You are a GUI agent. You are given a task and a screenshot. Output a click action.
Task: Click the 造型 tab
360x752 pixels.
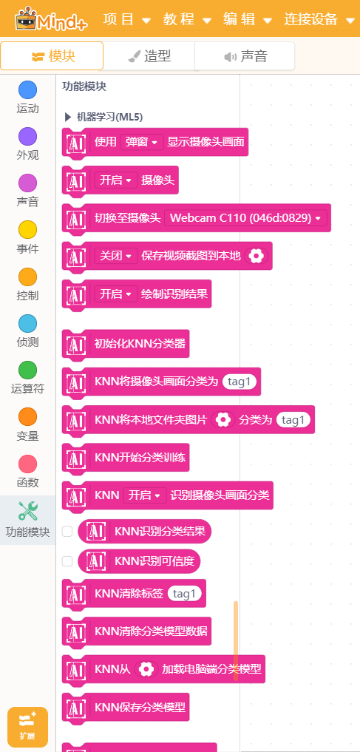(149, 57)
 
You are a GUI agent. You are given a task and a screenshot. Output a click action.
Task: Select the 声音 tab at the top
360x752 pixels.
(245, 57)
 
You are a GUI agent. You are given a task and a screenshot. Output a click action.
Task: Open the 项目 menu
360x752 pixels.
(126, 19)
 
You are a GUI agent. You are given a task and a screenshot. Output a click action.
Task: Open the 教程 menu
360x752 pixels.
(187, 19)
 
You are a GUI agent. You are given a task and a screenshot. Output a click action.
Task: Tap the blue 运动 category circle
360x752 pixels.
(28, 90)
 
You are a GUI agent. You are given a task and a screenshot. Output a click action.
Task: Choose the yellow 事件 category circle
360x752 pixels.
(28, 230)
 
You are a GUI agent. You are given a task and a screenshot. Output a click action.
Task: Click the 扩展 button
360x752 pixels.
(28, 727)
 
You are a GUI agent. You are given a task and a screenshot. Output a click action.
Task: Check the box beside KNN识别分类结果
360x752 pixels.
(67, 532)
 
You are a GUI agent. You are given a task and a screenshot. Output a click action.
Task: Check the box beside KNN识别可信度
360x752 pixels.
(67, 561)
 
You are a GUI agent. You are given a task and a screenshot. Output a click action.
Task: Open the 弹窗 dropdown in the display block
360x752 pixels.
(142, 142)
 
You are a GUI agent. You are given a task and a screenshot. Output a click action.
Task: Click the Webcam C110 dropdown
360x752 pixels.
(245, 217)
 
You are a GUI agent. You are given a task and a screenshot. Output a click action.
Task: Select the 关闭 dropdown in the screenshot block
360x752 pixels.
(115, 256)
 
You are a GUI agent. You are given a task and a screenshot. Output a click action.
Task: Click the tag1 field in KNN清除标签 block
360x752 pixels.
(185, 594)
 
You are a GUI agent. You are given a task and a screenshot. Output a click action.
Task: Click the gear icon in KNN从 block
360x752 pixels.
(146, 669)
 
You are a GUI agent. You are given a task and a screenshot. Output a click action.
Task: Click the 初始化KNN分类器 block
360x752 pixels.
(126, 343)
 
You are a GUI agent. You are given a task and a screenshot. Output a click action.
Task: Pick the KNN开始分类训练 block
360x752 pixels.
(126, 458)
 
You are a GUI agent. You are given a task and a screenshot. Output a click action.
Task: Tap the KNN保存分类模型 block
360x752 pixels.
(126, 707)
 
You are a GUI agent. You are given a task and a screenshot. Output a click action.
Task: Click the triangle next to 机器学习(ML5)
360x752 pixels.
(67, 117)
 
